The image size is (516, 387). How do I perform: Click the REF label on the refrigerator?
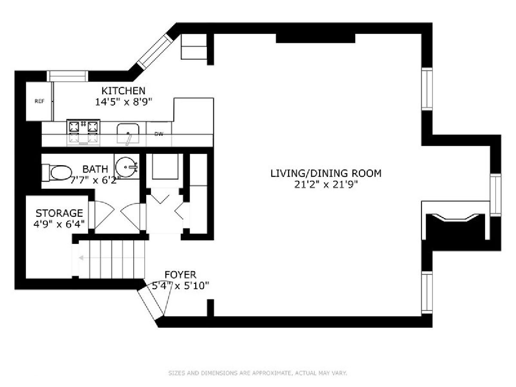click(39, 101)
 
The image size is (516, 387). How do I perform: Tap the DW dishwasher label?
click(159, 134)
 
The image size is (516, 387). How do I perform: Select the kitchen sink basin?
click(128, 133)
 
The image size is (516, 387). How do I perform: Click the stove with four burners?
click(83, 132)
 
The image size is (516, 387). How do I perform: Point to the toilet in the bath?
click(57, 173)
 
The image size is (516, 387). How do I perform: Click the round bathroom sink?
click(126, 167)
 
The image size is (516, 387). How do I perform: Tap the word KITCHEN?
click(123, 91)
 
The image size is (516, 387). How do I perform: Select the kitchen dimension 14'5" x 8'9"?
click(124, 102)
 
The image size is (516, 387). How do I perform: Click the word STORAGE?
click(59, 213)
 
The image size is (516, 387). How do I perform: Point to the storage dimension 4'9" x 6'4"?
click(59, 224)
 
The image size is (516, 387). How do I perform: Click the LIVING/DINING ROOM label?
click(326, 173)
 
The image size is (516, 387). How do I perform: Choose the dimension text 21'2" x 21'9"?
click(326, 184)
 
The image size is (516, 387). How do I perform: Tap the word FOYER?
click(180, 274)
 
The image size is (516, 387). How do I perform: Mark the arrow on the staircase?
click(112, 258)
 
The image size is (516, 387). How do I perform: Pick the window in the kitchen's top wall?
click(67, 76)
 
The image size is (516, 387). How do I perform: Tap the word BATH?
click(95, 169)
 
